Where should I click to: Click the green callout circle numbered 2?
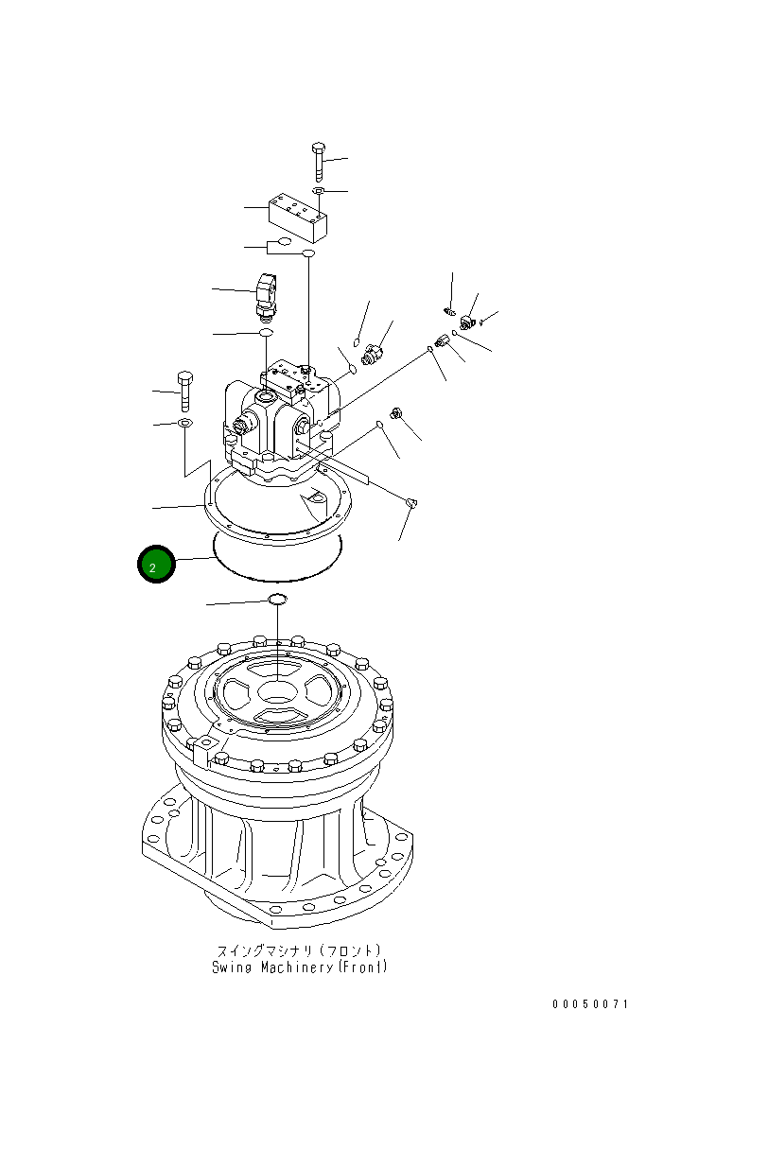pyautogui.click(x=156, y=565)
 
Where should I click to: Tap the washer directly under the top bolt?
pyautogui.click(x=319, y=192)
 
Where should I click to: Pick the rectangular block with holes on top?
pyautogui.click(x=298, y=218)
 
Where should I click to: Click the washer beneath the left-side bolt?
pyautogui.click(x=184, y=422)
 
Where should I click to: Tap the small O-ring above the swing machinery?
pyautogui.click(x=277, y=600)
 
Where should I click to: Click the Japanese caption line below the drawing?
pyautogui.click(x=299, y=950)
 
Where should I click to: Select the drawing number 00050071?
pyautogui.click(x=590, y=1003)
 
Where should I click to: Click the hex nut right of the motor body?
pyautogui.click(x=397, y=413)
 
